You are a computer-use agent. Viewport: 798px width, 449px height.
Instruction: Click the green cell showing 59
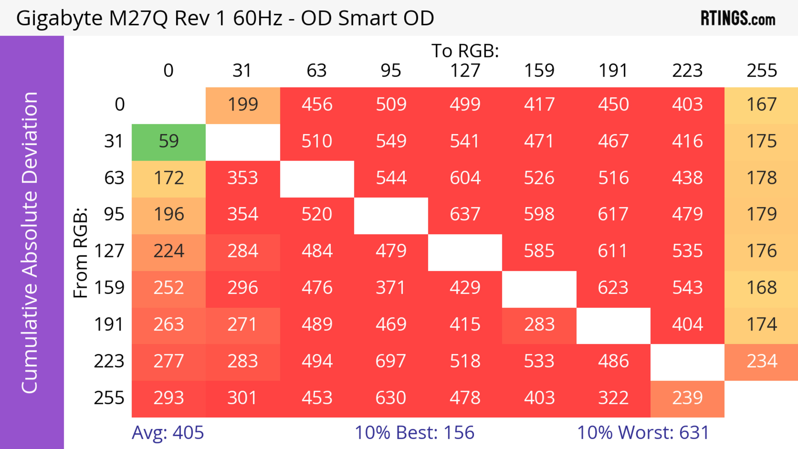(x=169, y=141)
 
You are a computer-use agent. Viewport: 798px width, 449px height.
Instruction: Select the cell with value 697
(x=391, y=361)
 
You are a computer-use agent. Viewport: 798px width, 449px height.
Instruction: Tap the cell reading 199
(x=243, y=105)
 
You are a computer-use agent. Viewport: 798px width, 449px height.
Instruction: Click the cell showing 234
(x=761, y=361)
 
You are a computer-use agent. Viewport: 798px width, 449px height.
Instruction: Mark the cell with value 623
(x=613, y=288)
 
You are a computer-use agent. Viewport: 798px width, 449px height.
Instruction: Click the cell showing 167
(x=761, y=105)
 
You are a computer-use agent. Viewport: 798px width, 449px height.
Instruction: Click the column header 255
(x=761, y=71)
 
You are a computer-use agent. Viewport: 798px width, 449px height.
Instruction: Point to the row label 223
(x=109, y=361)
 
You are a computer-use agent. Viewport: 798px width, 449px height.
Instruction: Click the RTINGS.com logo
(x=738, y=18)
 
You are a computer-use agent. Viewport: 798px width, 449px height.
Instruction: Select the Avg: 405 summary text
(x=167, y=433)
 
